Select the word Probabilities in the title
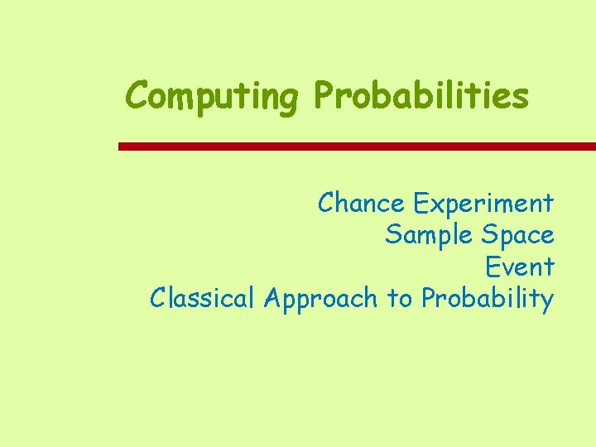click(x=421, y=96)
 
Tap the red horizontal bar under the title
click(x=357, y=147)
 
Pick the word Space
click(x=517, y=237)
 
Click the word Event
click(x=519, y=267)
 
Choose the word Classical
click(x=203, y=297)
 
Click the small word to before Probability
click(x=400, y=298)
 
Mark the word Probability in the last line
click(x=487, y=299)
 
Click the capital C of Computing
click(x=137, y=96)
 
